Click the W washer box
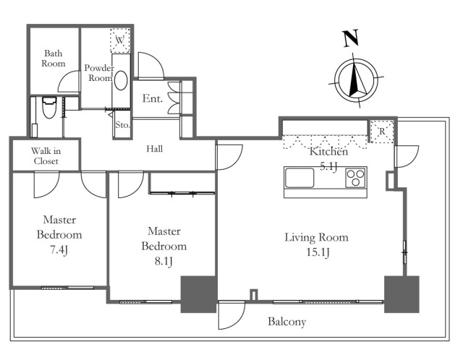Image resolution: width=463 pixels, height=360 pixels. (119, 40)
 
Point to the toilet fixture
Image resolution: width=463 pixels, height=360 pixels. (49, 109)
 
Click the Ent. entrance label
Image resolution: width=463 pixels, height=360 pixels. (152, 98)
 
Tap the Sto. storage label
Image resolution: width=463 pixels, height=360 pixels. (122, 125)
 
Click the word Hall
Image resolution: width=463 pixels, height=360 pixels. (153, 149)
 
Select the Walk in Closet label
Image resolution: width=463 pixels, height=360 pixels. (45, 155)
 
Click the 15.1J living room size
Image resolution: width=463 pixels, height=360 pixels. (316, 252)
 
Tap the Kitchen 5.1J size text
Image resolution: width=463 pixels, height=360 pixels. (330, 165)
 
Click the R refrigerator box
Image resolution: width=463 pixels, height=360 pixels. (381, 130)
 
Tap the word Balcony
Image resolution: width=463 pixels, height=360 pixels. (286, 322)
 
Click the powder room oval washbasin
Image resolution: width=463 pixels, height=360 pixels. (120, 80)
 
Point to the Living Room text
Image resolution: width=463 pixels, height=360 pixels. (316, 237)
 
